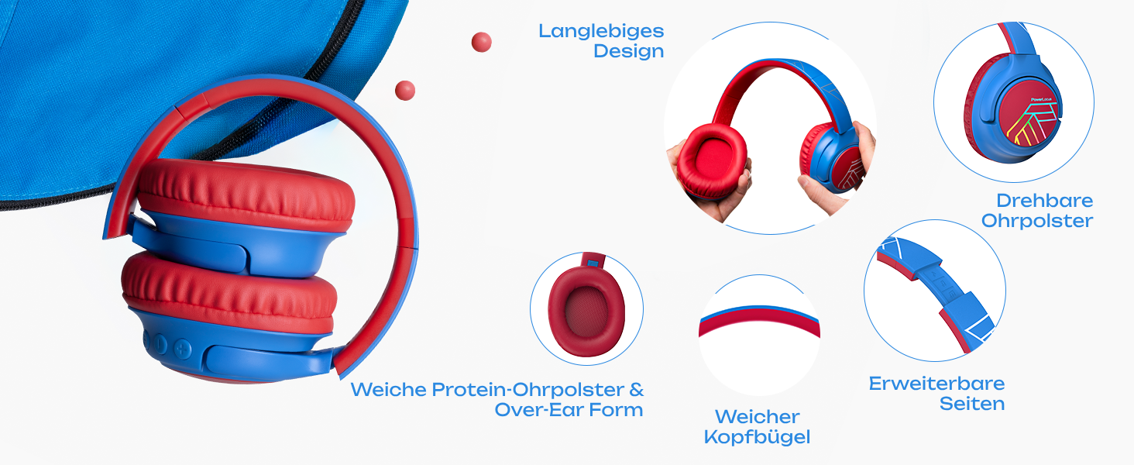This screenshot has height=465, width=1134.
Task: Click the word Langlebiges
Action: click(601, 32)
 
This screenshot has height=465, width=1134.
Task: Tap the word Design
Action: click(628, 52)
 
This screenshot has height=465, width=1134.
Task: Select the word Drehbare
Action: click(1044, 201)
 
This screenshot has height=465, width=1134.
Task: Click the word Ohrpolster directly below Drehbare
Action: click(1037, 221)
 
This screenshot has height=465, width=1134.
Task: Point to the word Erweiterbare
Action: click(936, 384)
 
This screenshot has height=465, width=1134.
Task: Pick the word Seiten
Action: click(972, 404)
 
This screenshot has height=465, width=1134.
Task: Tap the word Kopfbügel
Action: click(757, 437)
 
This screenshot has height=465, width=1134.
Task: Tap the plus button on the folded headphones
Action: click(182, 347)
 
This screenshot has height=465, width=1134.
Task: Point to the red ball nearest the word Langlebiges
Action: click(481, 42)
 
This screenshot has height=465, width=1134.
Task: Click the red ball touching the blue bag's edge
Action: click(405, 91)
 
